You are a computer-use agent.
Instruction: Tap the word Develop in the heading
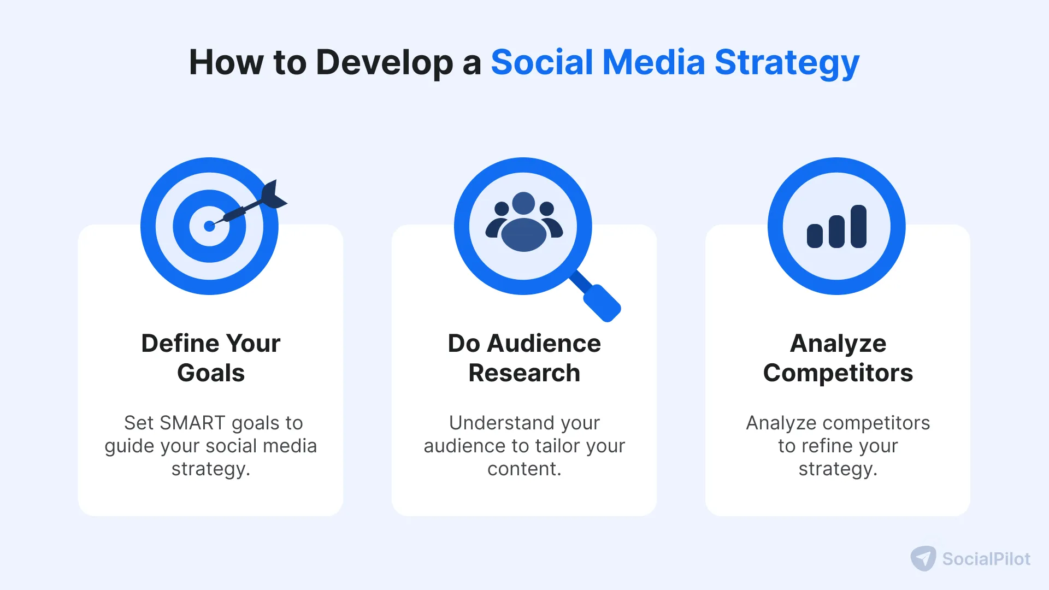pyautogui.click(x=384, y=62)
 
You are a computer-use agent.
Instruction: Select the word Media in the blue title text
pyautogui.click(x=653, y=62)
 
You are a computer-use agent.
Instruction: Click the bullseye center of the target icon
pyautogui.click(x=209, y=226)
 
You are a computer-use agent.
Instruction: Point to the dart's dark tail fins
pyautogui.click(x=273, y=196)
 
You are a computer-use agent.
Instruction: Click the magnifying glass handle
pyautogui.click(x=602, y=302)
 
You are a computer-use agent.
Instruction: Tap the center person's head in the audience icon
pyautogui.click(x=524, y=203)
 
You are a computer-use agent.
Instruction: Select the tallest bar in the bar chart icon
pyautogui.click(x=858, y=226)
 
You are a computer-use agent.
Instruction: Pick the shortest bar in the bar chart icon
pyautogui.click(x=815, y=236)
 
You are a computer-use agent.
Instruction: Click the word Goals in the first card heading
pyautogui.click(x=211, y=373)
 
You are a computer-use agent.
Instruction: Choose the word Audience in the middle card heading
pyautogui.click(x=544, y=344)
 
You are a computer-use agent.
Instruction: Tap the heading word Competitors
pyautogui.click(x=838, y=373)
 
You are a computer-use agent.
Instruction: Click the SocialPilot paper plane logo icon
pyautogui.click(x=923, y=558)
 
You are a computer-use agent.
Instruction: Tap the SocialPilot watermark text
pyautogui.click(x=986, y=559)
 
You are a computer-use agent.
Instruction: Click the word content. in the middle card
pyautogui.click(x=524, y=469)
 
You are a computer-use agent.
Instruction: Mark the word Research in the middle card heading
pyautogui.click(x=524, y=373)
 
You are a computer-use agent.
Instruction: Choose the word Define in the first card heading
pyautogui.click(x=180, y=344)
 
